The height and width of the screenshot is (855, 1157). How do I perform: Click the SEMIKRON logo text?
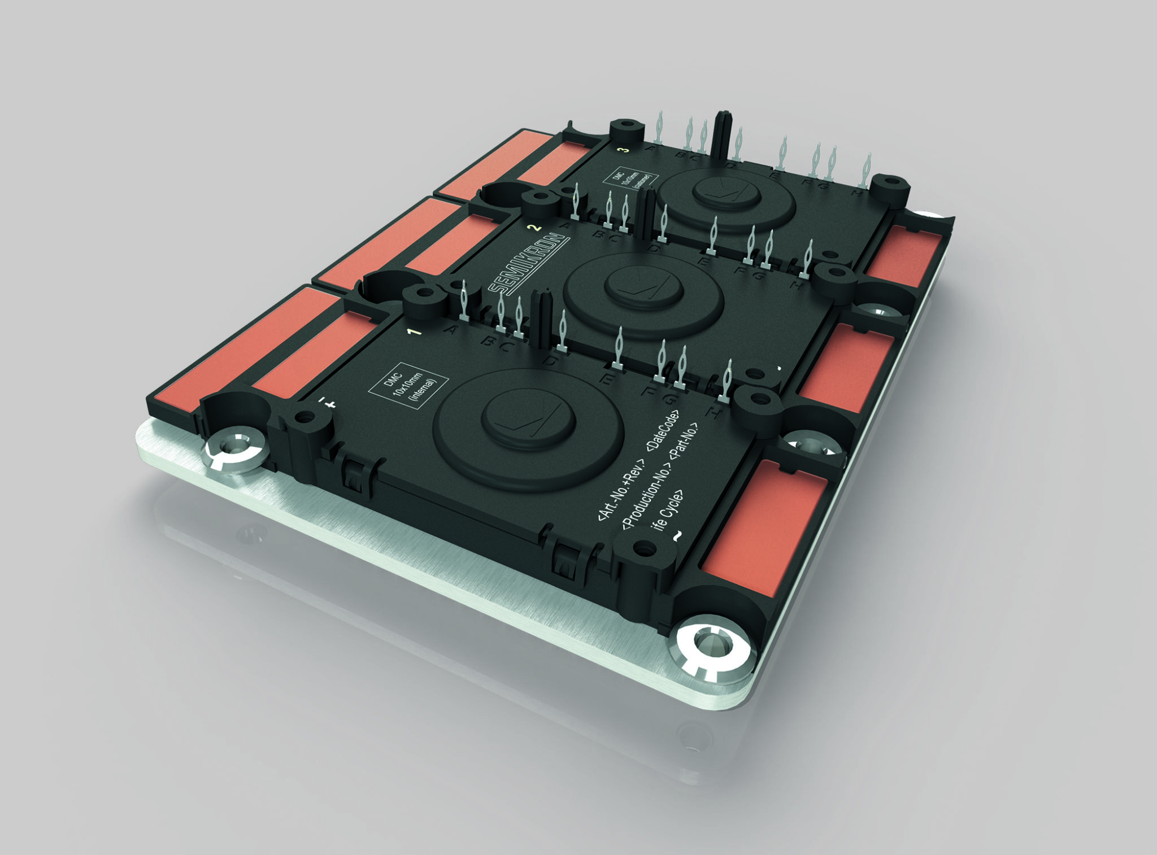pyautogui.click(x=528, y=264)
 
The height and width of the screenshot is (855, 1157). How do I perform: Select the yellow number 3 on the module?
pyautogui.click(x=623, y=150)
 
